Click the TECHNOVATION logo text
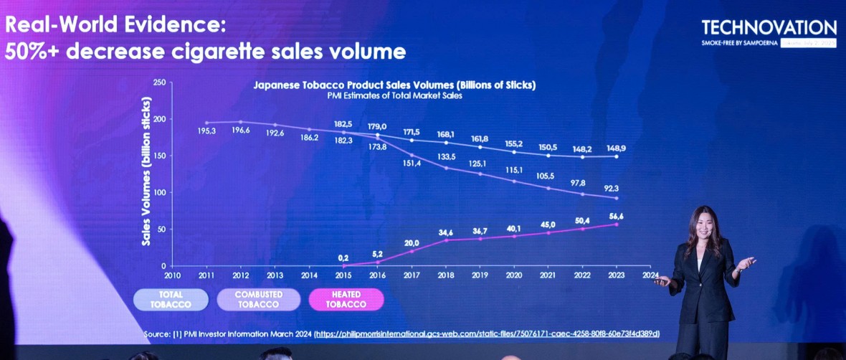click(x=769, y=28)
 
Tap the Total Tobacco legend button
click(x=171, y=299)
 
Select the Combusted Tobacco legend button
click(x=258, y=299)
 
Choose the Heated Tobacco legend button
click(x=347, y=299)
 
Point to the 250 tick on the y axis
click(x=159, y=83)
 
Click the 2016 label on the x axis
click(x=377, y=274)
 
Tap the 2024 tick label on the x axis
click(x=651, y=274)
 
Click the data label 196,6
click(x=240, y=131)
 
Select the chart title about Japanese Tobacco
click(x=394, y=85)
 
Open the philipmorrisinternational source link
click(x=487, y=334)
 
